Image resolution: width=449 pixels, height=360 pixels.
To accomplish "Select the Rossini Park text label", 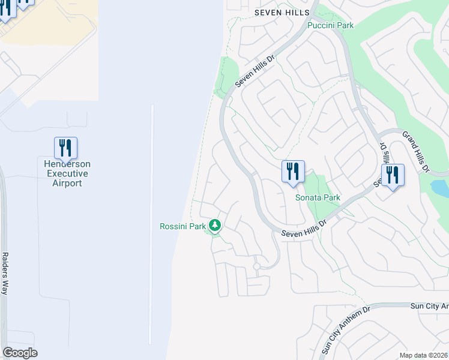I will click(182, 226).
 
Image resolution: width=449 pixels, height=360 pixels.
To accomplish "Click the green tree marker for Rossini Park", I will click(215, 226).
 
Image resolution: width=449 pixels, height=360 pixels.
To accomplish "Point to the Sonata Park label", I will click(318, 197).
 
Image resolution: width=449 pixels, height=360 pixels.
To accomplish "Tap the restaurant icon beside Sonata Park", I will click(293, 172).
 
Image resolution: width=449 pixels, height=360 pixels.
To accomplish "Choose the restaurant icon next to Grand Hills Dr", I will click(393, 175).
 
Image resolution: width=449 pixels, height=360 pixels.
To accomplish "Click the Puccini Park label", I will click(330, 25).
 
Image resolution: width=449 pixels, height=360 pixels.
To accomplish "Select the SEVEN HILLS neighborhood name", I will click(282, 12).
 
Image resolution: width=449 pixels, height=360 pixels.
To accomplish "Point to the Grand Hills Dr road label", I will click(415, 151).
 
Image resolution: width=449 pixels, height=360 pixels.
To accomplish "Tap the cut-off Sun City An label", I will click(429, 306).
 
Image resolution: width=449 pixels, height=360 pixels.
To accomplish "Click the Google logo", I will click(20, 353).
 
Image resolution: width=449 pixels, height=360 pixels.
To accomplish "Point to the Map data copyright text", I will click(423, 355).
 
